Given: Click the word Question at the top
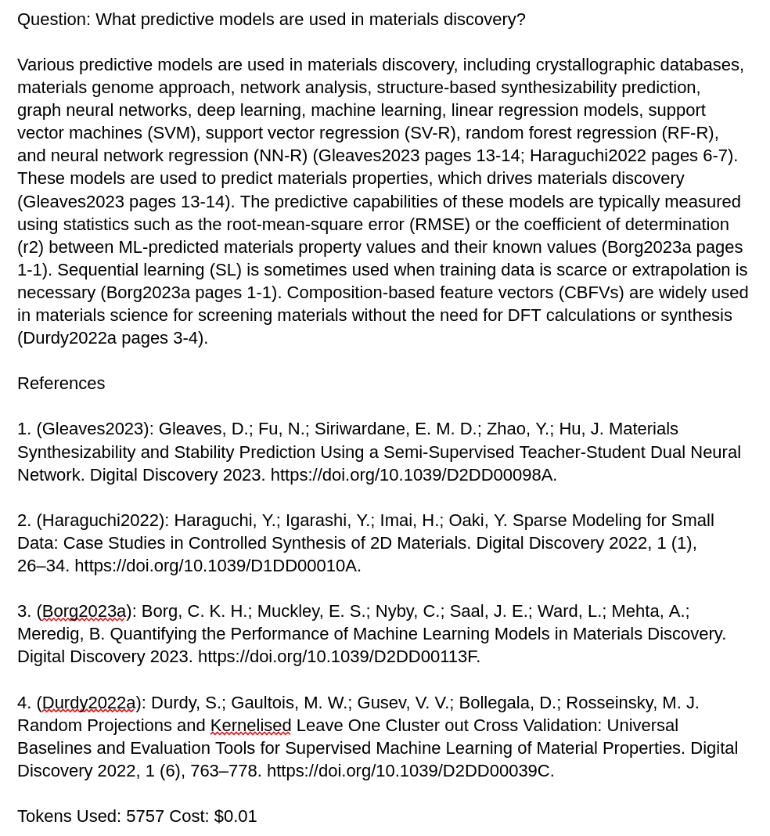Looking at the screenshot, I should point(52,19).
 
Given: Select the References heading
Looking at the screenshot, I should point(61,383).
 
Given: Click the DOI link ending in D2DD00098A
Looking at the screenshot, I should point(413,474).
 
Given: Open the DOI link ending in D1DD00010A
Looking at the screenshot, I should point(218,565).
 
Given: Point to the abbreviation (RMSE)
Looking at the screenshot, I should point(440,224).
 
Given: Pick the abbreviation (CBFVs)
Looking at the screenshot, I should point(591,292).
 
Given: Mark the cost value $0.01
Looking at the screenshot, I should point(236,816).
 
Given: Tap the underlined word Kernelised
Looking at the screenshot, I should point(250,725).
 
